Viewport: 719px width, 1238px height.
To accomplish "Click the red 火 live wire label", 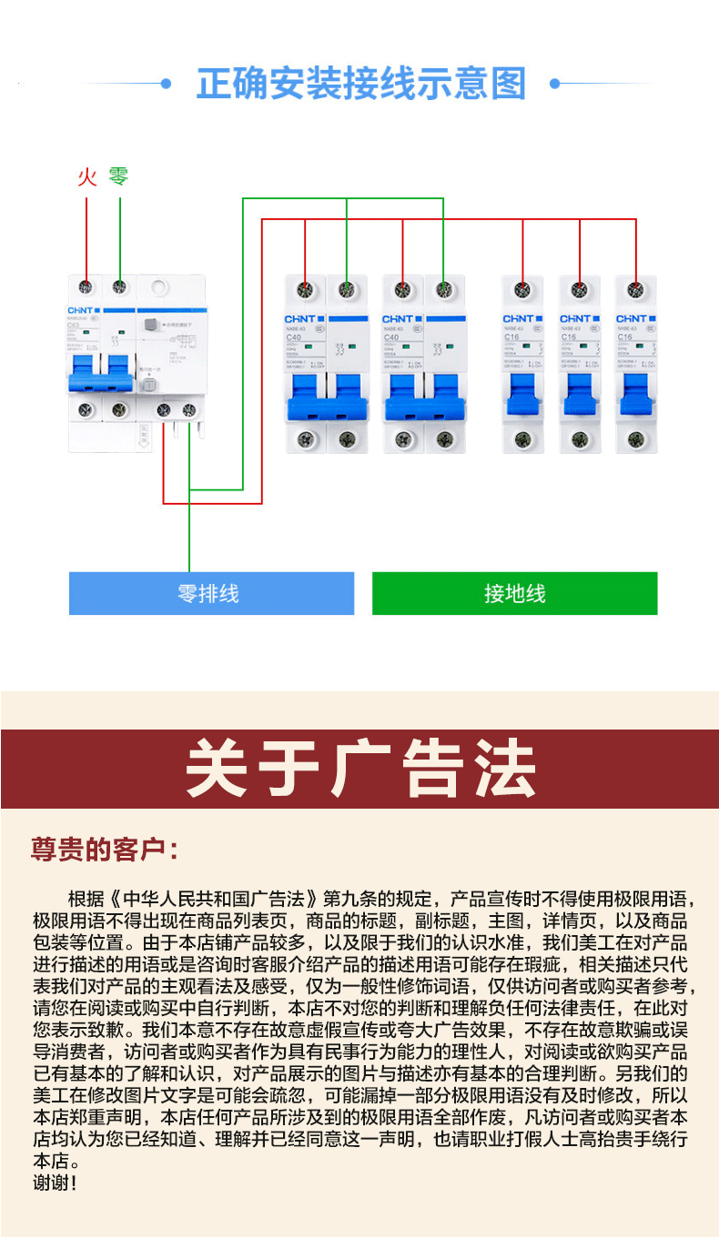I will point(86,176).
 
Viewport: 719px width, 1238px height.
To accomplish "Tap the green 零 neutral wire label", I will point(119,176).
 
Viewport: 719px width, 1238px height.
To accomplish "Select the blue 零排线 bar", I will point(211,593).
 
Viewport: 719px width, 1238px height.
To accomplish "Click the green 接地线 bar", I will point(514,593).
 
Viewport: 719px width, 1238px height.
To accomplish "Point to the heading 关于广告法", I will point(360,769).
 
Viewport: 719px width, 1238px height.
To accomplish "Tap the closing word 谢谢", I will point(55,1183).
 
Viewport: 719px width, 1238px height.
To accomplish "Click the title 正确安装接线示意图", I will point(361,85).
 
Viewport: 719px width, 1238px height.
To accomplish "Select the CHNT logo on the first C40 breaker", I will point(299,319).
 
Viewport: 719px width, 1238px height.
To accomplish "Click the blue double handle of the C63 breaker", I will point(101,373).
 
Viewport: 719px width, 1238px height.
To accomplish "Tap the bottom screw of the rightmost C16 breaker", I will point(635,440).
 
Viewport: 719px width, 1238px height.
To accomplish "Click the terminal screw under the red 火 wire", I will point(86,288).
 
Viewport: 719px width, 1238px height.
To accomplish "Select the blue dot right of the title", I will point(554,85).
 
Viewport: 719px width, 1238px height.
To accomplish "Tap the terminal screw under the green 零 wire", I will point(119,288).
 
